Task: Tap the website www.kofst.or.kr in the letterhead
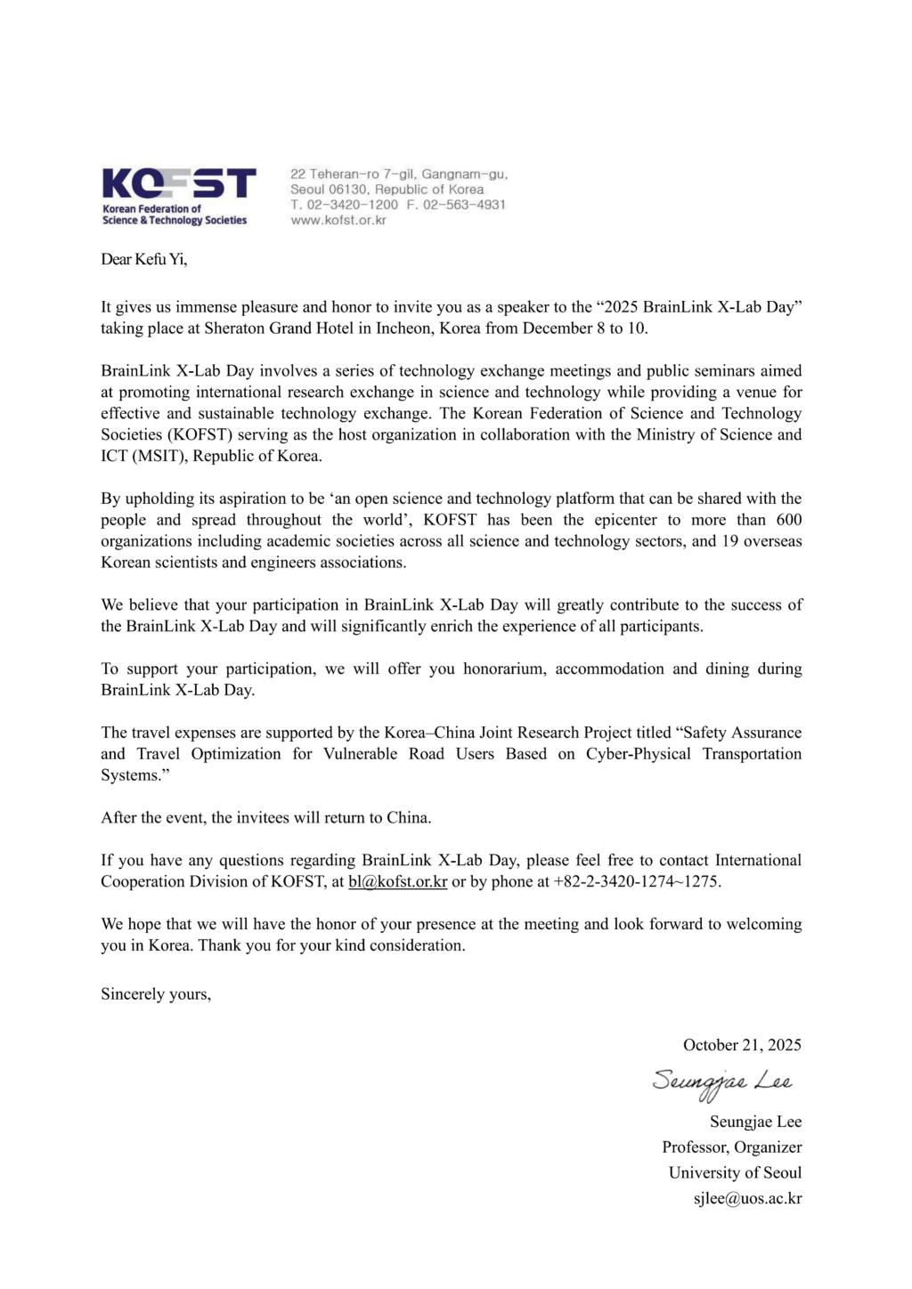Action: pyautogui.click(x=338, y=220)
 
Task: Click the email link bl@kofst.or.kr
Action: pyautogui.click(x=397, y=881)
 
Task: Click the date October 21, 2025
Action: pyautogui.click(x=742, y=1045)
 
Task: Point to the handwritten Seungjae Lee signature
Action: pyautogui.click(x=721, y=1082)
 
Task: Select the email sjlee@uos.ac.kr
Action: pyautogui.click(x=747, y=1198)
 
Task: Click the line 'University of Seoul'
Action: pyautogui.click(x=735, y=1172)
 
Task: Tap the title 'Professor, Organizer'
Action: pyautogui.click(x=731, y=1147)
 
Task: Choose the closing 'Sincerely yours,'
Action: pyautogui.click(x=156, y=993)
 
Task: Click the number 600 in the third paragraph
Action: pyautogui.click(x=789, y=520)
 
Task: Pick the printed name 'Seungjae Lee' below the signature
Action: pyautogui.click(x=755, y=1121)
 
